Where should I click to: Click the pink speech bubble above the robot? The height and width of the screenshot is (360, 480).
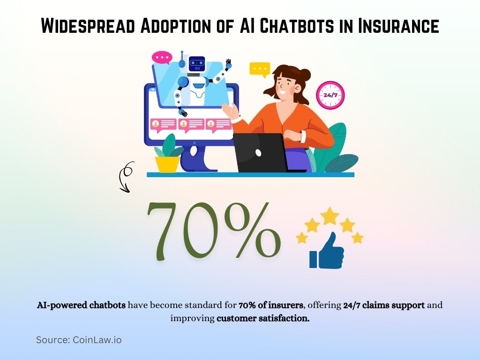point(162,58)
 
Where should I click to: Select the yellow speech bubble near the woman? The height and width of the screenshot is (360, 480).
point(259,69)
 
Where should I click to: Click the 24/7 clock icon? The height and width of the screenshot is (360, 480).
point(330,95)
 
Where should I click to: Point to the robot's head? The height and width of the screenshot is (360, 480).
point(196,64)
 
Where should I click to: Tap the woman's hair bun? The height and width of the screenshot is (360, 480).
point(305,75)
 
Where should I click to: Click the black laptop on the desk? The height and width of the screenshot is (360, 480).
point(260,153)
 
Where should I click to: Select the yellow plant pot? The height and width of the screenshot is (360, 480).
point(167,164)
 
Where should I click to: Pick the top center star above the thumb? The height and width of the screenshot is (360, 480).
point(330,216)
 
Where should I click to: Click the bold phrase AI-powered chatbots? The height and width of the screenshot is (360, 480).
point(81,305)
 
